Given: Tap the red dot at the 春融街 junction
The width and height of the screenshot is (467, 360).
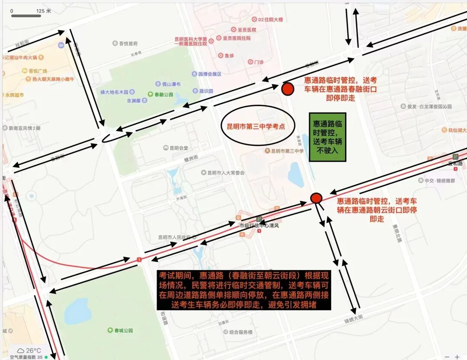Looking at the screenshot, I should pos(288,89).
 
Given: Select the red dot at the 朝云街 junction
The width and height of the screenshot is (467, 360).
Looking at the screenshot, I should pos(317,198).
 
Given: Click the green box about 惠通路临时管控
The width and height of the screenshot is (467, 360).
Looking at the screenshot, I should pos(328,137).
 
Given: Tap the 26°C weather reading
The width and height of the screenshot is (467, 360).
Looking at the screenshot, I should pos(33,350).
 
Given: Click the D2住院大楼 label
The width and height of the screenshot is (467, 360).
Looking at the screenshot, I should pos(270,19).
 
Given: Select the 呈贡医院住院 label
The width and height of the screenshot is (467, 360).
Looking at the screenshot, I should pos(236,38).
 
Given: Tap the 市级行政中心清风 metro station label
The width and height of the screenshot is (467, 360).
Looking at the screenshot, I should pos(259,225).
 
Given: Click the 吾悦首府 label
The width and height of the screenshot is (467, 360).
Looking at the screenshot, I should pos(128,43).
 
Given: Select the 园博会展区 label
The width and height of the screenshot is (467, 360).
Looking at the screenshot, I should pos(209,74).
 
